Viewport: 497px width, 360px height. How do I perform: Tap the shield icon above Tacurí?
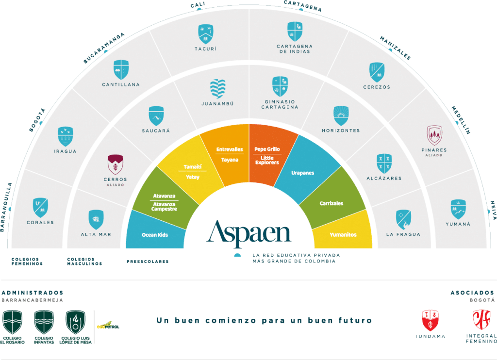[206, 34]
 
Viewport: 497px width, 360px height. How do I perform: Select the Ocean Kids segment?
[155, 235]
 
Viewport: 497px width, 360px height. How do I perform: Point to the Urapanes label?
[302, 173]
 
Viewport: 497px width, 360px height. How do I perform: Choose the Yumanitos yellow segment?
[343, 235]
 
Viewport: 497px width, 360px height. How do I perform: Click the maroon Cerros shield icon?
[115, 164]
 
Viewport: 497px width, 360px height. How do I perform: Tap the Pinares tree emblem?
[434, 135]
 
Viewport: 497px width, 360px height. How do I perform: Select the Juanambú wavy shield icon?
[217, 89]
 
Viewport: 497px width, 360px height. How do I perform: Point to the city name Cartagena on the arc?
[302, 6]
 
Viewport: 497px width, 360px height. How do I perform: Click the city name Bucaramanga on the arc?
[104, 48]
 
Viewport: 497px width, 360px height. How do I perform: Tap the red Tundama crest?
[430, 320]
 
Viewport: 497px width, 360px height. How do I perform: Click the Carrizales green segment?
[331, 203]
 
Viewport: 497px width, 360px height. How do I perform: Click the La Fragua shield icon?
[403, 219]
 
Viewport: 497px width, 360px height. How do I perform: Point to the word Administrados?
[33, 293]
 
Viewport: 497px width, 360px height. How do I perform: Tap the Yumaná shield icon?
[458, 209]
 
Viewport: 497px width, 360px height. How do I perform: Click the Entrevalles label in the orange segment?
[230, 149]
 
